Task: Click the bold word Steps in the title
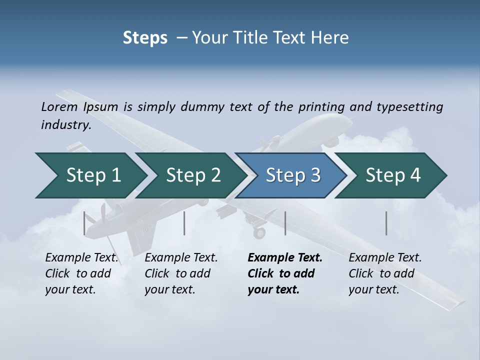[145, 38]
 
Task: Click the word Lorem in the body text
[59, 106]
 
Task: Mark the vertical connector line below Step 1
[84, 223]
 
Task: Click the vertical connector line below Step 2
[184, 223]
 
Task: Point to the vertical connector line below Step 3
[285, 223]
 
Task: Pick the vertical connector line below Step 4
[386, 223]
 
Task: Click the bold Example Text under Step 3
[285, 258]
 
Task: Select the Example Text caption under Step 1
[82, 258]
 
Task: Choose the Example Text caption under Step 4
[385, 258]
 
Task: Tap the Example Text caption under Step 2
[181, 258]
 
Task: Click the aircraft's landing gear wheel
[259, 232]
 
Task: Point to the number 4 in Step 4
[415, 175]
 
